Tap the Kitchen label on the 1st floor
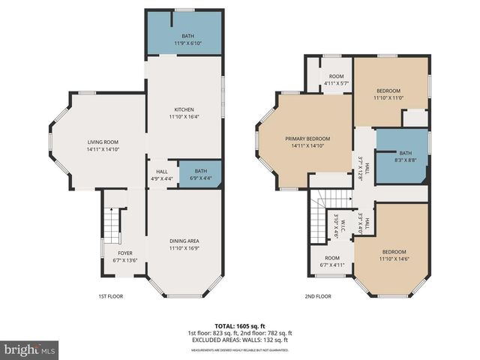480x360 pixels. tap(184, 113)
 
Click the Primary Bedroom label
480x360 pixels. tap(307, 142)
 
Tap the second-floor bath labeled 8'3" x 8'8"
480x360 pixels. tap(405, 157)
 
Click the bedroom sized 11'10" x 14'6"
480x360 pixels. tap(394, 255)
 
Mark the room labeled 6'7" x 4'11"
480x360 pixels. tap(331, 261)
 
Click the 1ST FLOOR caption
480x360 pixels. tap(110, 296)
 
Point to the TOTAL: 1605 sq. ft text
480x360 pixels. tap(239, 325)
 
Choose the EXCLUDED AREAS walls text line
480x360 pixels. tap(239, 340)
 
